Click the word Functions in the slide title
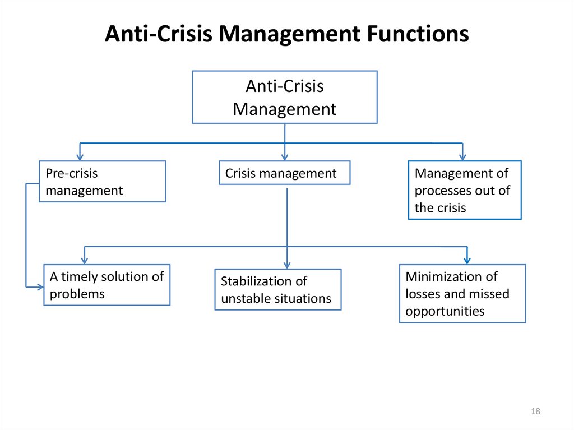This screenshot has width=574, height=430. [418, 33]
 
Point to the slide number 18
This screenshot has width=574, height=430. [535, 411]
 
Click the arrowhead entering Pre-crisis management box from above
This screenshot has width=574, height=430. [80, 157]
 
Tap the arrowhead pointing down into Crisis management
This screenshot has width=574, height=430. [285, 157]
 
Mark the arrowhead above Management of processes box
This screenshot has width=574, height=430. [462, 157]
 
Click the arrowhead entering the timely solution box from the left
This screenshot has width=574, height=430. [40, 287]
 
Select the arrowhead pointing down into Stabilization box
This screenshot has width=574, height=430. [287, 265]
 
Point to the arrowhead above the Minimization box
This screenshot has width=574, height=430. [467, 261]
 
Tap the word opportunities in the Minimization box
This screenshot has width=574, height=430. [445, 311]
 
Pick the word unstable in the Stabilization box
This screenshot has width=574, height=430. [249, 298]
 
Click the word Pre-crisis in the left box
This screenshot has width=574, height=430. [72, 173]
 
